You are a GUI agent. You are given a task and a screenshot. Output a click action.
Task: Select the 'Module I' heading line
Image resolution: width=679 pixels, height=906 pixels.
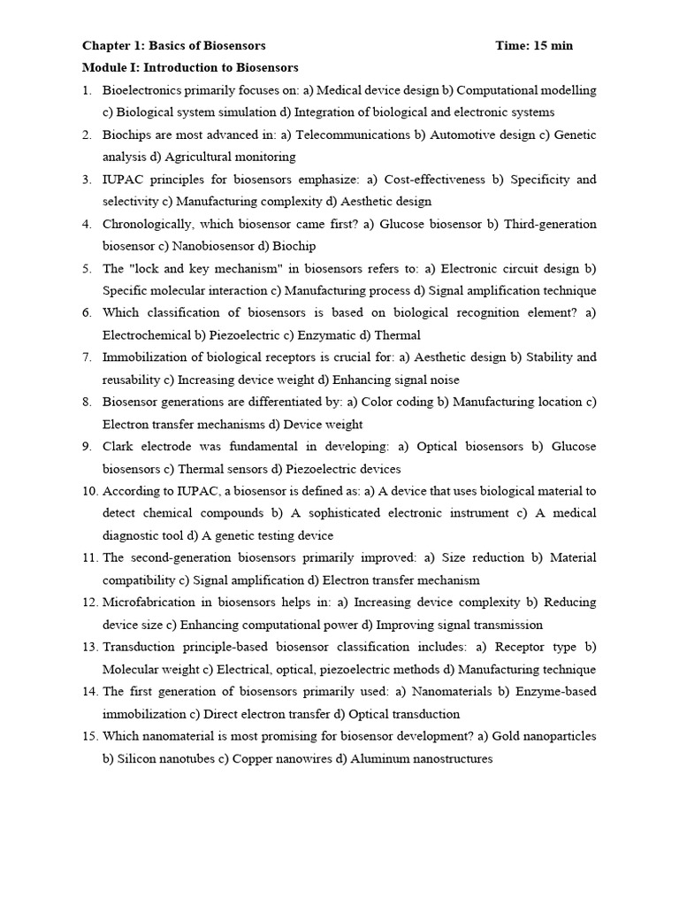point(190,67)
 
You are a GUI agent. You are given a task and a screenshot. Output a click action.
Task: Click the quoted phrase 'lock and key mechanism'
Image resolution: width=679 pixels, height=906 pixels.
point(195,268)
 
